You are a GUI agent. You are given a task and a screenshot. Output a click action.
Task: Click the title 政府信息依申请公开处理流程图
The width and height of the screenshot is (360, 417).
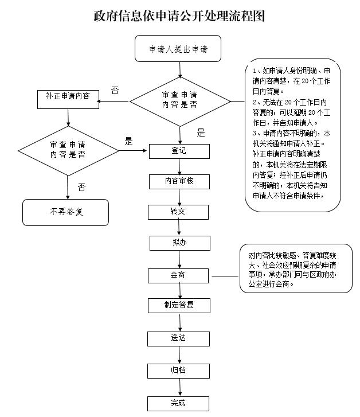tap(179, 15)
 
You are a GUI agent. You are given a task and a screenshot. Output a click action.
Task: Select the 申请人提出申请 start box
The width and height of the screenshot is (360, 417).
tap(178, 49)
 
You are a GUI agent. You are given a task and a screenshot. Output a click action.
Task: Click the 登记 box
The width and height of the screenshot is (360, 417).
tap(179, 151)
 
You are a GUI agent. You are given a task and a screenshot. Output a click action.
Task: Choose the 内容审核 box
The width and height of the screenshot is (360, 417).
tap(179, 181)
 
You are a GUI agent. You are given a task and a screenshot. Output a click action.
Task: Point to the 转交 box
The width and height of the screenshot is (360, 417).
tap(179, 211)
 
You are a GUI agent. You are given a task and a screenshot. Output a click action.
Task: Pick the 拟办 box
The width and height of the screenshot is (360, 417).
tap(179, 243)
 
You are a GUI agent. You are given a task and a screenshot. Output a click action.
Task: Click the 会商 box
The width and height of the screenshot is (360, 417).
tap(179, 275)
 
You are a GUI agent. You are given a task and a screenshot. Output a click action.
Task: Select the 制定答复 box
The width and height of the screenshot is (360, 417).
tap(179, 305)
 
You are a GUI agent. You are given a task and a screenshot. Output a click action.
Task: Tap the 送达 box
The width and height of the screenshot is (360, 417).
tap(179, 338)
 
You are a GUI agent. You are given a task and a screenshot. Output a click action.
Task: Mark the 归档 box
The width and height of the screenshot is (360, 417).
tap(179, 370)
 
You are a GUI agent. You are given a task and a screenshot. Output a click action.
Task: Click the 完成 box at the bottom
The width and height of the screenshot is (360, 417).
tap(179, 403)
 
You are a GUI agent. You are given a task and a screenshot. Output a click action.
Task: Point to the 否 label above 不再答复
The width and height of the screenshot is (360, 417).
tap(82, 187)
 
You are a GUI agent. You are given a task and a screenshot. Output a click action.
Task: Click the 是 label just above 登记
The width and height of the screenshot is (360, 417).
tap(200, 132)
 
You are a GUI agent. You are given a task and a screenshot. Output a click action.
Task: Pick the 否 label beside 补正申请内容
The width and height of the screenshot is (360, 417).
tap(115, 90)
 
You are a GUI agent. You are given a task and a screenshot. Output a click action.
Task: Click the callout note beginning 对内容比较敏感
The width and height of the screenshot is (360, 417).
tap(296, 268)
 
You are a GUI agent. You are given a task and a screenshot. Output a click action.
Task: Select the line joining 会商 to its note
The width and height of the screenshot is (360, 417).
tap(226, 275)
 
